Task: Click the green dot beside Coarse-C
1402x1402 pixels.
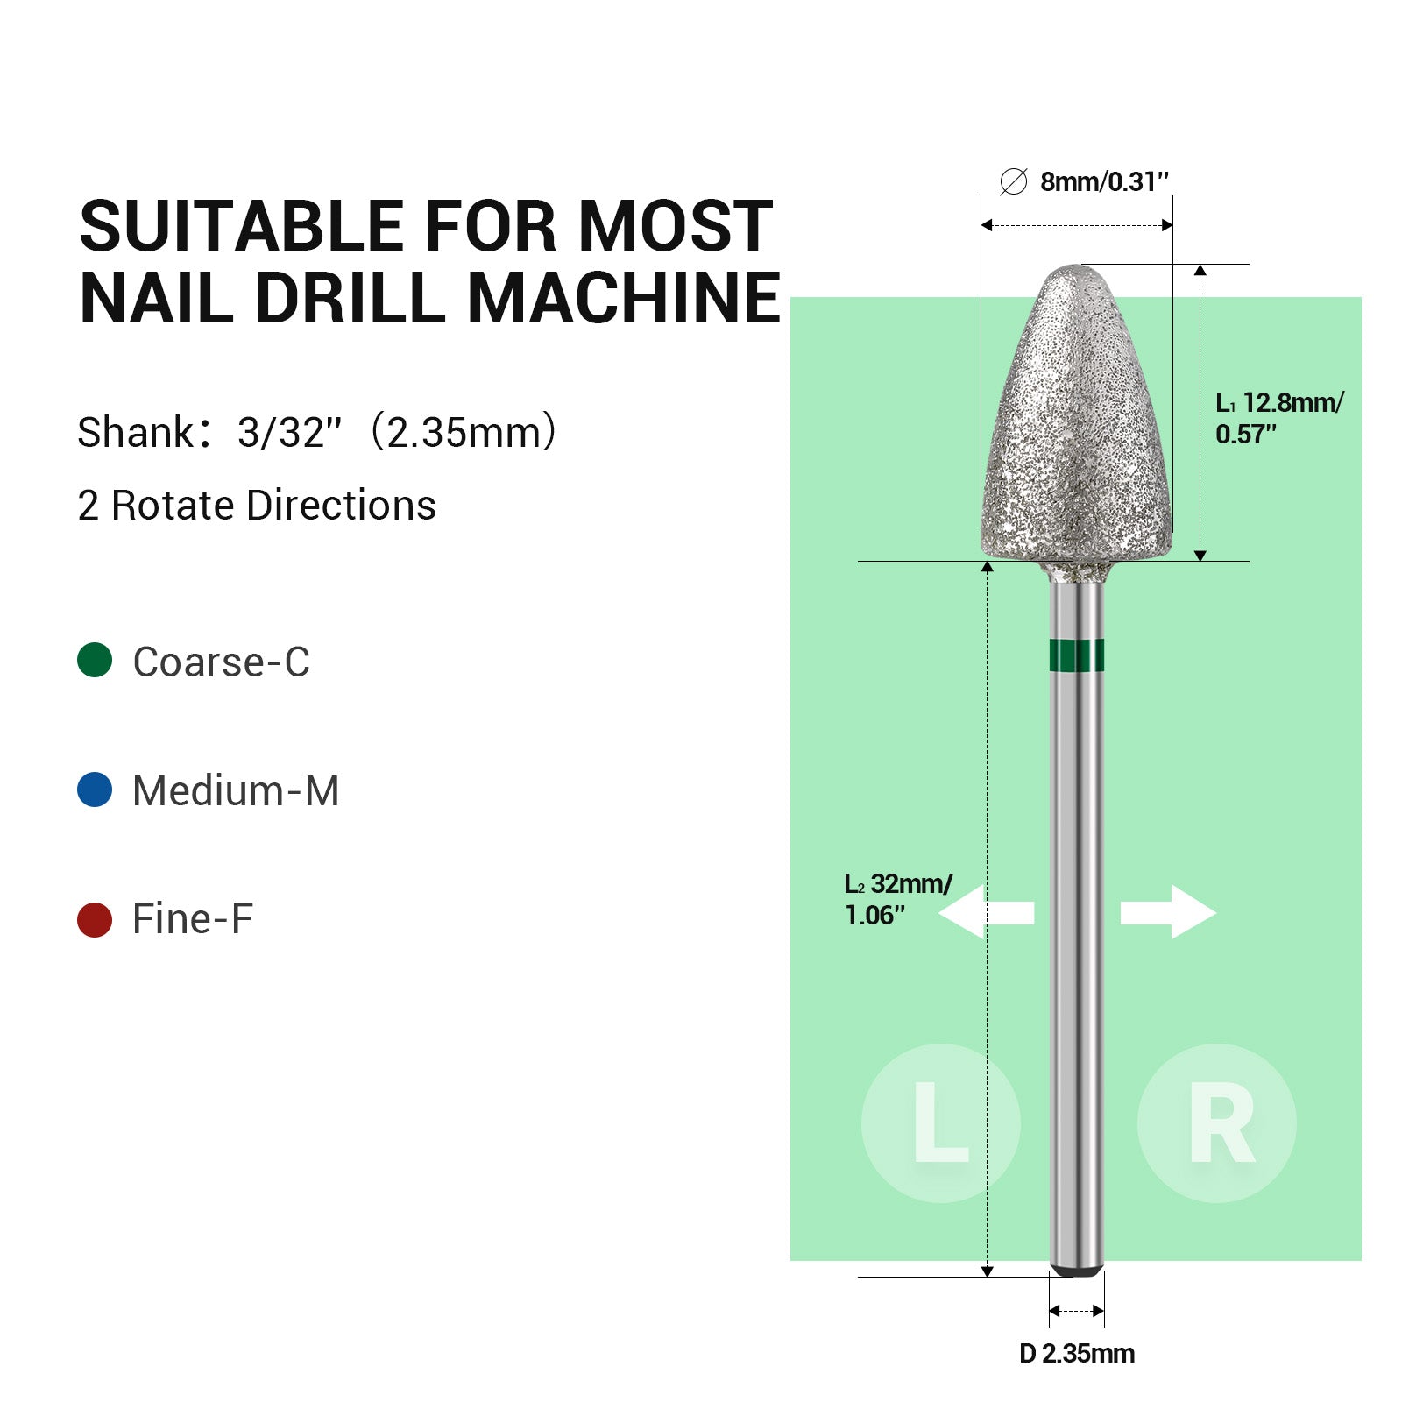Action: (x=95, y=660)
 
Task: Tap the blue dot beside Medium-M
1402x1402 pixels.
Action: (x=95, y=790)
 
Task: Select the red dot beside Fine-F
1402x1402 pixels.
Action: (x=95, y=919)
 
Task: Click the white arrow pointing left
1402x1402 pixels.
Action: (x=986, y=912)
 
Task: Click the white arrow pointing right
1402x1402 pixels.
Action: (x=1169, y=912)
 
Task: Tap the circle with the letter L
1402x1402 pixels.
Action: (x=940, y=1122)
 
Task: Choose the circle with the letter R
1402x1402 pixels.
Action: (x=1216, y=1122)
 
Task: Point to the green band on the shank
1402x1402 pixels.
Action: (x=1076, y=655)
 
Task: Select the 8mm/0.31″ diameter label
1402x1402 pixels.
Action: (x=1104, y=182)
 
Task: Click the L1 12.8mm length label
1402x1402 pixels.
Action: (x=1278, y=417)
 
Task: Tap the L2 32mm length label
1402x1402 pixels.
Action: (x=897, y=898)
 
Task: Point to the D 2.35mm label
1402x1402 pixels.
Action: (x=1077, y=1354)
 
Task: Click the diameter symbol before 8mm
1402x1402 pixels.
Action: (x=1013, y=182)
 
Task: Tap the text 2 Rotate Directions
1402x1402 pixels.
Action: (x=257, y=506)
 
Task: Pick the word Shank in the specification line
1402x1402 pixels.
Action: (x=135, y=432)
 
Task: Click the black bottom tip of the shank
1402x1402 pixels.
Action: (x=1076, y=1270)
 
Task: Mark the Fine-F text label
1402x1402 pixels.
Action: (x=192, y=919)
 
